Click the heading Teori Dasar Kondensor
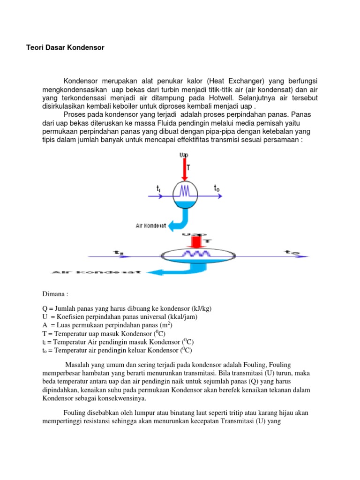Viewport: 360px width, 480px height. [x=65, y=48]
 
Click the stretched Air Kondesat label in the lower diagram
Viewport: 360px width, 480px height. [x=96, y=272]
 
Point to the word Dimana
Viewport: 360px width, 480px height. [x=55, y=294]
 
